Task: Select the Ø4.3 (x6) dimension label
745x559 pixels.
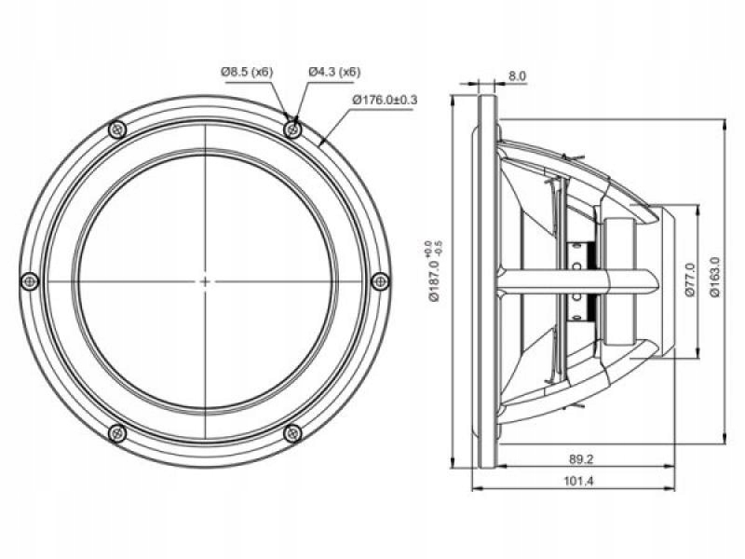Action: click(x=334, y=72)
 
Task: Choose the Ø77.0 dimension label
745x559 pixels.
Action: click(x=689, y=279)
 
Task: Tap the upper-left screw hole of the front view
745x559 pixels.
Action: click(x=116, y=129)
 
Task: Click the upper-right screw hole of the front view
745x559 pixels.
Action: click(x=293, y=129)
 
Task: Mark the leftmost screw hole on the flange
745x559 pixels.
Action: click(x=29, y=279)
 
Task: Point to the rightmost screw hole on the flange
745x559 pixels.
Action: click(x=380, y=279)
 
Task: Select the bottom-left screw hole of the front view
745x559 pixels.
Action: click(x=116, y=431)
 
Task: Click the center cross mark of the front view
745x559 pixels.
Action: click(x=205, y=279)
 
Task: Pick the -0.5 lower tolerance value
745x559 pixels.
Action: click(x=438, y=247)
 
